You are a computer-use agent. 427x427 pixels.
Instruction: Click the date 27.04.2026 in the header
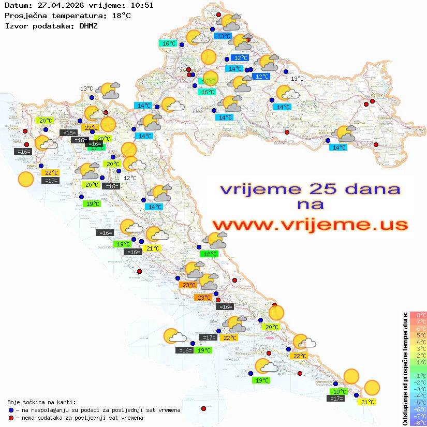coord(56,6)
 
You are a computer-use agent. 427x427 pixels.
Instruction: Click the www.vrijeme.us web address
coord(310,225)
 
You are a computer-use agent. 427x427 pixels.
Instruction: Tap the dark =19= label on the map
coord(51,180)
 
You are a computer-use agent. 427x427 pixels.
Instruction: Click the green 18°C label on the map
coord(210,254)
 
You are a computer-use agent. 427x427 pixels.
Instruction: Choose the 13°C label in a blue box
coord(224,36)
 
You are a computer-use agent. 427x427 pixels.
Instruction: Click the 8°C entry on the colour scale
coord(418,315)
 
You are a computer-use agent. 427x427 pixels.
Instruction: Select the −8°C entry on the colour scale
coord(418,422)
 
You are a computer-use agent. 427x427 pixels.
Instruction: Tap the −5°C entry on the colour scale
coord(418,402)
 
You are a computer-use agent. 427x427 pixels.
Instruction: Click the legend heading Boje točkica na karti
coord(41,402)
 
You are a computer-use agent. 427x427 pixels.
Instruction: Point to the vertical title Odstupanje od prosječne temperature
coord(405,369)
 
